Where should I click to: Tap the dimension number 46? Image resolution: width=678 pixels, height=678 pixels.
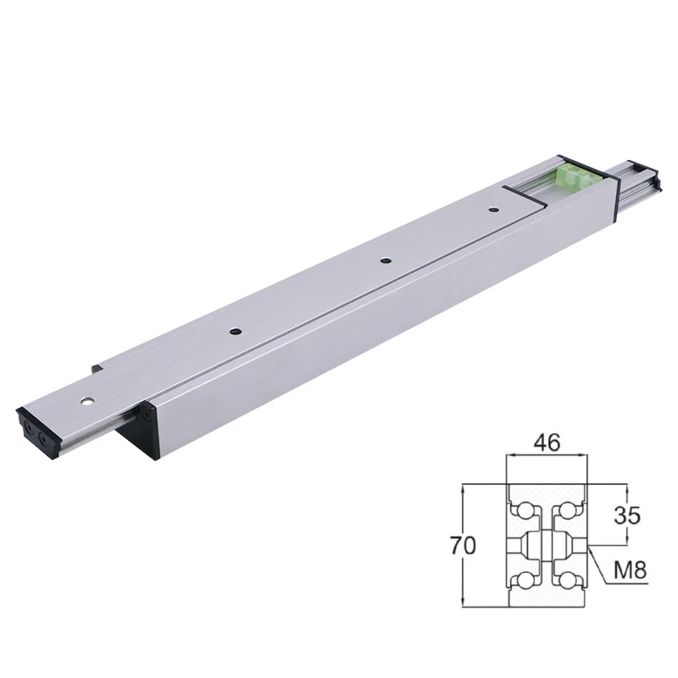[547, 442]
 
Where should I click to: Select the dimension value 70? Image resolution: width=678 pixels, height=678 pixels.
[463, 545]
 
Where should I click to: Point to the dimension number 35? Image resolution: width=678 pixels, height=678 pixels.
[627, 515]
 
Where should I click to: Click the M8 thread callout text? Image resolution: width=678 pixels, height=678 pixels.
[630, 570]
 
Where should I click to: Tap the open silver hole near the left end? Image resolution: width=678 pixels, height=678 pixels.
[88, 401]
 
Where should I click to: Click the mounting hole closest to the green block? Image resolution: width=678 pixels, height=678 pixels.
[492, 210]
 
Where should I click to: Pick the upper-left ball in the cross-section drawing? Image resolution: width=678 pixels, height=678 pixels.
[525, 511]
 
